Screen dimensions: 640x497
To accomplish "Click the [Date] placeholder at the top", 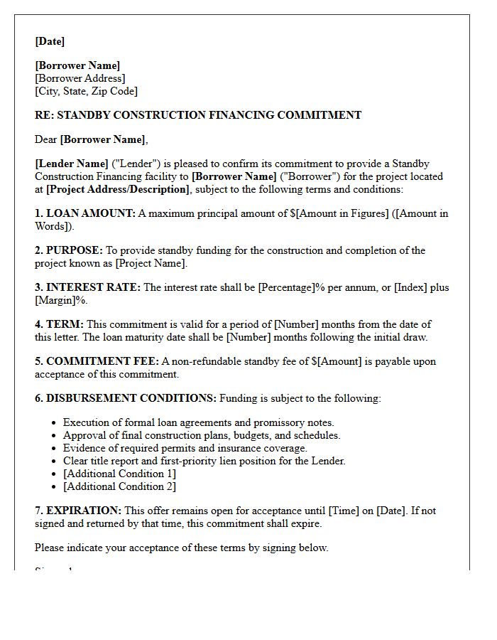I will click(50, 41).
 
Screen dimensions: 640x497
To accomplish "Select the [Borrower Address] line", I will click(80, 78).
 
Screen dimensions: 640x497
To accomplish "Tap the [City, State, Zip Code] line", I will click(86, 91).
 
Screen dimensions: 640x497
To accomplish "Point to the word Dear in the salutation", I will click(46, 139).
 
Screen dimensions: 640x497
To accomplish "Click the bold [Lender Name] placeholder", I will click(72, 164).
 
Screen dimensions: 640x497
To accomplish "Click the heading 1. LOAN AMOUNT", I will click(85, 213).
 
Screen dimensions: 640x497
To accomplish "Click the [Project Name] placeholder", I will click(151, 263).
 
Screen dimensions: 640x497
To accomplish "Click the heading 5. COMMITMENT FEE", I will click(97, 361).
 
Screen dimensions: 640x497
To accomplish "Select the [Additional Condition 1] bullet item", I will click(119, 474).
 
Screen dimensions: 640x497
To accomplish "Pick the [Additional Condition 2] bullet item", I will click(119, 486).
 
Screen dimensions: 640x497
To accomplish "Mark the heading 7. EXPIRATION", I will click(78, 511).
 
